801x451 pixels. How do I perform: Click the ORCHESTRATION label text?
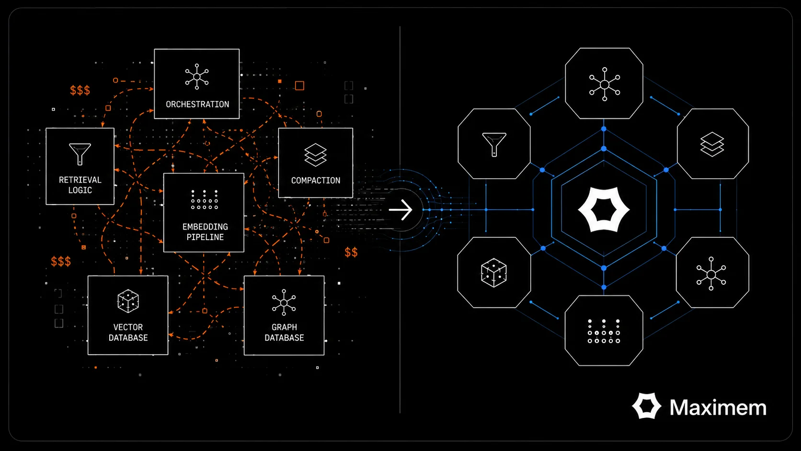click(x=197, y=104)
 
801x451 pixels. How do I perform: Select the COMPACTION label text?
click(x=315, y=181)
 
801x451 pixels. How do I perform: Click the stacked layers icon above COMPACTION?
click(x=315, y=155)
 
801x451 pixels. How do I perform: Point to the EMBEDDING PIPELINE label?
click(x=205, y=232)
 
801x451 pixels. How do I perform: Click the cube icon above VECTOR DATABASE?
click(x=128, y=301)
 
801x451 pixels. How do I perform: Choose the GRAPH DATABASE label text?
click(x=284, y=332)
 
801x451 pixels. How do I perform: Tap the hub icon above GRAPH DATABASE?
click(x=284, y=302)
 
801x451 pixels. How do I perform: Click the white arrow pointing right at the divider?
click(x=400, y=209)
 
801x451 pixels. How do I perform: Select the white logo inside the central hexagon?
click(x=604, y=209)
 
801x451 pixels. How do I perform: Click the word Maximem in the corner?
click(x=718, y=407)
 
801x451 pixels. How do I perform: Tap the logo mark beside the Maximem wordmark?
click(x=647, y=406)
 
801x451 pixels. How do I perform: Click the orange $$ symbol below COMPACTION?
click(x=351, y=253)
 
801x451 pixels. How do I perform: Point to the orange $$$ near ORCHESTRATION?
click(x=80, y=90)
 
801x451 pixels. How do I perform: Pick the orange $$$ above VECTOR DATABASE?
click(x=61, y=261)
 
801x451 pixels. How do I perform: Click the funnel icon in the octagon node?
click(x=494, y=144)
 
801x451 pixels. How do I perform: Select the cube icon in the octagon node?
click(x=494, y=273)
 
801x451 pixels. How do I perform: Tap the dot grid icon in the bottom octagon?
click(x=604, y=331)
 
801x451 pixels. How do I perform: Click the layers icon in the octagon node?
click(x=712, y=144)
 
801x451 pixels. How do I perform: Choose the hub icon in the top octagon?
click(x=604, y=84)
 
